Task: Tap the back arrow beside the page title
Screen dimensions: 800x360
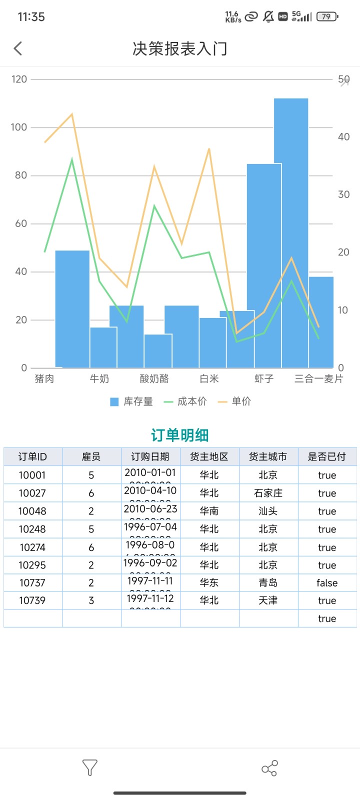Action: [x=18, y=48]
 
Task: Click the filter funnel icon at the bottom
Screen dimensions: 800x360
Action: [x=89, y=767]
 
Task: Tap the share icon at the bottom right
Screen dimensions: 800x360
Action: [x=269, y=768]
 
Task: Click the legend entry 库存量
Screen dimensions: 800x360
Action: [x=131, y=401]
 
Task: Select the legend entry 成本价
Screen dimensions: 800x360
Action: [x=185, y=401]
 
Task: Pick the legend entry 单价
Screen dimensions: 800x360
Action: [x=234, y=401]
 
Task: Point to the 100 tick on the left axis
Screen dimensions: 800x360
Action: [x=19, y=127]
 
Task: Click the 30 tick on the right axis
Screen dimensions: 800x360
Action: [x=343, y=194]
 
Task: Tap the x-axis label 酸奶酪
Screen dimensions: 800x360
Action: [x=154, y=378]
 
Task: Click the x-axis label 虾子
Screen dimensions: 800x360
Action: [x=264, y=378]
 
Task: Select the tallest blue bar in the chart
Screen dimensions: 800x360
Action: [x=291, y=230]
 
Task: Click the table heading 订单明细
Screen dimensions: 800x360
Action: [x=180, y=435]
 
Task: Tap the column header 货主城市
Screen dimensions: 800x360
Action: [x=268, y=456]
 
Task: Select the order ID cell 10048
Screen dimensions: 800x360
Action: [x=32, y=511]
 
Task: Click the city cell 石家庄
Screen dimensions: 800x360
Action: [x=268, y=493]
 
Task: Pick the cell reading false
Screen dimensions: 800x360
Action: [x=327, y=582]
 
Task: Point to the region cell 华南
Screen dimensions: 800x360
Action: [x=209, y=511]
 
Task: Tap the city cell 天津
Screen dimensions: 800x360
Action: [x=268, y=600]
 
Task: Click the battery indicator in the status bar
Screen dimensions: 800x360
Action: [x=327, y=16]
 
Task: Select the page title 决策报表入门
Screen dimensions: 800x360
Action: [x=180, y=48]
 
